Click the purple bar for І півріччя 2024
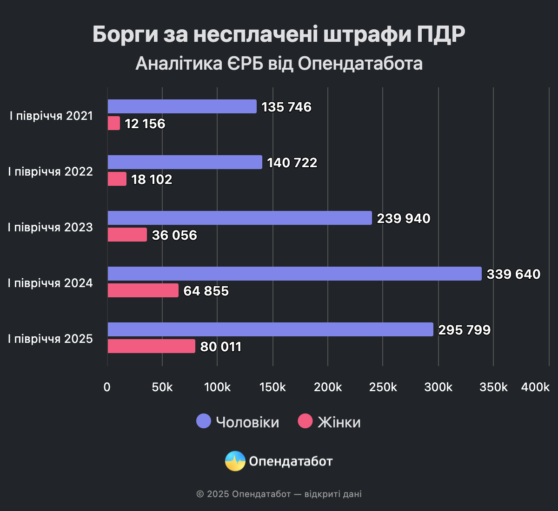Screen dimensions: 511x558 click(294, 274)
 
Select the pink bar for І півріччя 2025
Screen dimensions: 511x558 click(151, 346)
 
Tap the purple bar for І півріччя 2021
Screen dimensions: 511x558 click(182, 106)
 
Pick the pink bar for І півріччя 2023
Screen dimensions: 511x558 click(127, 235)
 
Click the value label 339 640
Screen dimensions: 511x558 click(513, 274)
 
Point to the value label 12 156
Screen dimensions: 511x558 click(145, 124)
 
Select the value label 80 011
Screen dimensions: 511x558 click(220, 347)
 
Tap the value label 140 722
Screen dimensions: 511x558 click(292, 163)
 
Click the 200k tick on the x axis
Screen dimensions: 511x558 click(328, 387)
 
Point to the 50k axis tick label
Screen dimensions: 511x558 click(162, 387)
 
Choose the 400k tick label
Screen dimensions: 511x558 click(535, 387)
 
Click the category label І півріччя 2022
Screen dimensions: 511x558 click(50, 171)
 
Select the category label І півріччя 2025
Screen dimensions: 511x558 click(50, 339)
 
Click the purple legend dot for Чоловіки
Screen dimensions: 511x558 click(204, 421)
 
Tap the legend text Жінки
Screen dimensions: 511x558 click(339, 422)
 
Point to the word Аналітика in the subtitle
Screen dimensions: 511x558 click(179, 64)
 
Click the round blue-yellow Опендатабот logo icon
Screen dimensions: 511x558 click(235, 461)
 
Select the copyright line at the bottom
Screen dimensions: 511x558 click(279, 494)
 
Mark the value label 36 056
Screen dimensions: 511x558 click(174, 235)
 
